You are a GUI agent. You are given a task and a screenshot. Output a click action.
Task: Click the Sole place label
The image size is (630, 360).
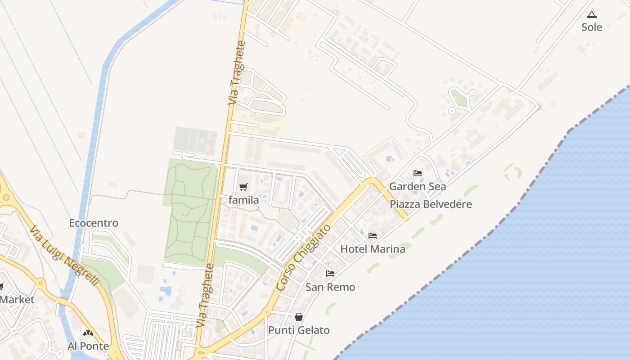point(591,27)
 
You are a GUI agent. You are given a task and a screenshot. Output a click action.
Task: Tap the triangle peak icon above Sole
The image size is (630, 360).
point(591,15)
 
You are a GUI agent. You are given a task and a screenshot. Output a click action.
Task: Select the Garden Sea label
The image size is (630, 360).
point(417,186)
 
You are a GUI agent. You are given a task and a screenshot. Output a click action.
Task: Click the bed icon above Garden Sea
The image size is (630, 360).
point(418,173)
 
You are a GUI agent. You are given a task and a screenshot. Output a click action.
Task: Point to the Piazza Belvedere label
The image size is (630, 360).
point(431,204)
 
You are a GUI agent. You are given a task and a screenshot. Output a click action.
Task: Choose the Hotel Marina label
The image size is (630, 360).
point(373,249)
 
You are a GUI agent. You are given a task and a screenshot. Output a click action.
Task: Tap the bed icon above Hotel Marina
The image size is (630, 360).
point(373,236)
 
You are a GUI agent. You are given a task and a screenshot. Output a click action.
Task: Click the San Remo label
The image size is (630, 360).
point(330,287)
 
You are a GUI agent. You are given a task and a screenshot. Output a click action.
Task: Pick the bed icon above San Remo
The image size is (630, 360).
point(330,274)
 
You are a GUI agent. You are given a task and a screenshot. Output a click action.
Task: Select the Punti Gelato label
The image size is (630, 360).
point(299,330)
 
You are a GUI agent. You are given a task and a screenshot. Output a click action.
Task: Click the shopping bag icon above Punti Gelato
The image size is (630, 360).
point(299,317)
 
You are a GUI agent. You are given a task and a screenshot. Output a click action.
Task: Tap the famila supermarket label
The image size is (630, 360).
point(243,200)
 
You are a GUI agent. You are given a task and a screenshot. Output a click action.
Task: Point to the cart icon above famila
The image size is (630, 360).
point(243,187)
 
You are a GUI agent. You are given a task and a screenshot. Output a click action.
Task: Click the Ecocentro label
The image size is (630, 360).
point(94,223)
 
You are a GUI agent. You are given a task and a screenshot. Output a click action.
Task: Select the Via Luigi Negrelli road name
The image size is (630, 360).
point(64,256)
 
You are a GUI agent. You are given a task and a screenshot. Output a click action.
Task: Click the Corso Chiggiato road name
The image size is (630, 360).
point(303,257)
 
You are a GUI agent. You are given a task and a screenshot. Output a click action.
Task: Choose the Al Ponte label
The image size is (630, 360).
point(88,346)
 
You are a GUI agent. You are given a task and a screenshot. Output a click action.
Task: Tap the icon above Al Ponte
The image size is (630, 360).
point(88,333)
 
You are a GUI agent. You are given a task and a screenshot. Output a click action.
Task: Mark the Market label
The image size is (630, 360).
point(17,300)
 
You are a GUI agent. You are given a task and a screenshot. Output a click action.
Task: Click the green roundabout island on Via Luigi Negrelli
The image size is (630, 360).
point(6,197)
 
